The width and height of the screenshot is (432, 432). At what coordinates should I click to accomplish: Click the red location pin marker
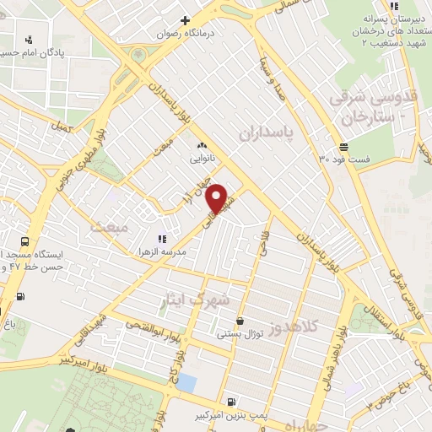[x=218, y=198]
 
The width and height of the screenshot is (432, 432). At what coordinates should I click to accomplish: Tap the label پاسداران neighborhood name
[x=269, y=133]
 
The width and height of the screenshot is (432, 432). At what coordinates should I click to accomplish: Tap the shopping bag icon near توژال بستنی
[x=241, y=321]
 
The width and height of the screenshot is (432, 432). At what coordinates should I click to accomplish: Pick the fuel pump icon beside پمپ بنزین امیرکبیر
[x=230, y=402]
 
